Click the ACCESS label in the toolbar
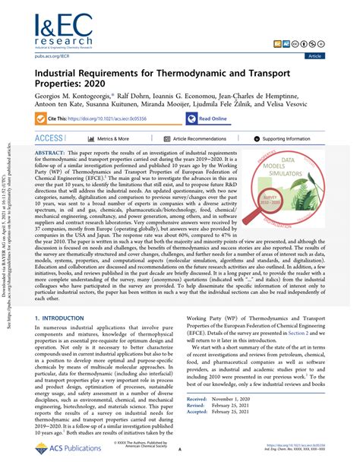49,139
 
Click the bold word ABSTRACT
50,152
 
